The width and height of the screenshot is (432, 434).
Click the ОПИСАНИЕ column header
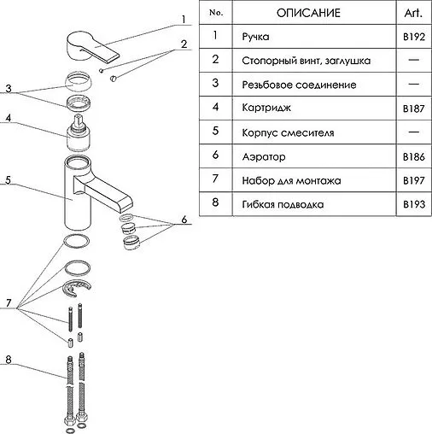tap(308, 13)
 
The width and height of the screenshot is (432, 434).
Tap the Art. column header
tap(413, 13)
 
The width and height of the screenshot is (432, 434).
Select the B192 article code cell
tap(414, 37)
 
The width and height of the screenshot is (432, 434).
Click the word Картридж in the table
tap(266, 108)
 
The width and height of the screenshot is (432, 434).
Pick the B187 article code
tap(414, 108)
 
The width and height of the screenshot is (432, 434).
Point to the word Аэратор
tap(264, 157)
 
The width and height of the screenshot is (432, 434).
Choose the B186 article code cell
tap(414, 156)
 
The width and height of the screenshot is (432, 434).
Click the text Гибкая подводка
tap(283, 204)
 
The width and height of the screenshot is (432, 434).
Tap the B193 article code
tap(414, 204)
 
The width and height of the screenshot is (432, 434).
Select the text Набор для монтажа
tap(291, 181)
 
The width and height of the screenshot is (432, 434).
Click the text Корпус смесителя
tap(288, 133)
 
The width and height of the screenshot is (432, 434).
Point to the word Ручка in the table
tap(255, 37)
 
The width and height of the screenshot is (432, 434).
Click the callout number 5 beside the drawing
tap(8, 179)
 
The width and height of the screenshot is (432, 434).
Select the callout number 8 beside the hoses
tap(9, 360)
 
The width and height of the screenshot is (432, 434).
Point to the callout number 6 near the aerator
tap(184, 220)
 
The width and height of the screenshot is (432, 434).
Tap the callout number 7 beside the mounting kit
tap(9, 302)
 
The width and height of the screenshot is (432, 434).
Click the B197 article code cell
tap(414, 180)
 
